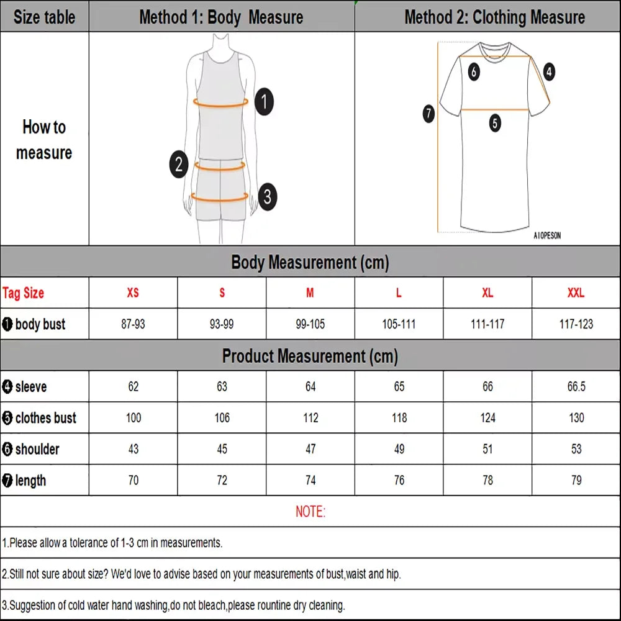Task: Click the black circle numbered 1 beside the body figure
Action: (265, 101)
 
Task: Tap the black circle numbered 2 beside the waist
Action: (178, 165)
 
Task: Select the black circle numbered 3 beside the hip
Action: (267, 197)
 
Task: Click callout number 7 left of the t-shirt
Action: (428, 114)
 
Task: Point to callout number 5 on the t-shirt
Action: (494, 123)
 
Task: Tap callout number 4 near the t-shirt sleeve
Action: (549, 72)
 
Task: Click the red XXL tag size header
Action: (576, 293)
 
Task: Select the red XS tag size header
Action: (133, 293)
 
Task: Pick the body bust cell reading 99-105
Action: (310, 324)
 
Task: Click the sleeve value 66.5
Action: (576, 387)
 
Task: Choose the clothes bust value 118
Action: (399, 418)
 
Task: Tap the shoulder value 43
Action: (133, 449)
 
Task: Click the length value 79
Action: (576, 480)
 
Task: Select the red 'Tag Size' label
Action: (24, 293)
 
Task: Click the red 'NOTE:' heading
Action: (310, 512)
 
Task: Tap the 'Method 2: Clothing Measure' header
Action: (494, 17)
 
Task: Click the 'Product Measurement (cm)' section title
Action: (310, 356)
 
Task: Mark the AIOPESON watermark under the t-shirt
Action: (547, 236)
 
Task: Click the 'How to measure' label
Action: (44, 140)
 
